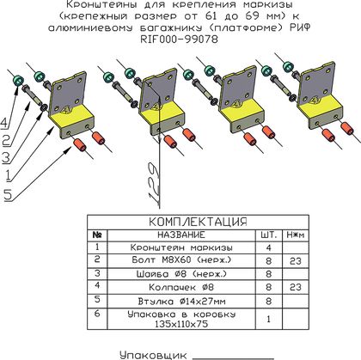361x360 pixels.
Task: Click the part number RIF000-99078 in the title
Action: click(179, 40)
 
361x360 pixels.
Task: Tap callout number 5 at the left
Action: click(8, 195)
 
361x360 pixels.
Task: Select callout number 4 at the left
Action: click(4, 123)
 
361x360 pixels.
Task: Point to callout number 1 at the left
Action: click(9, 175)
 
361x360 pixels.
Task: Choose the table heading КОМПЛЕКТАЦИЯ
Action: click(198, 222)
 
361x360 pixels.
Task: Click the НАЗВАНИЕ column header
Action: click(181, 235)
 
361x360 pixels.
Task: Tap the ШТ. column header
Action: click(269, 235)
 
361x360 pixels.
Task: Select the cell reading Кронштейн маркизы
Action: click(181, 247)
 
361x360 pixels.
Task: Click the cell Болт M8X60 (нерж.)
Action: click(181, 260)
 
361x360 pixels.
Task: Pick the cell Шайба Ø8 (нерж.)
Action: click(181, 274)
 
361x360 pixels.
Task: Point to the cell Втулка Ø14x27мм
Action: click(181, 302)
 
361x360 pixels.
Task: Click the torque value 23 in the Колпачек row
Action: click(296, 287)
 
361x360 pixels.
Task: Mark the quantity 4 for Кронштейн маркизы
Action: click(268, 247)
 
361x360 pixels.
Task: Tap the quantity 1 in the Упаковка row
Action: click(268, 319)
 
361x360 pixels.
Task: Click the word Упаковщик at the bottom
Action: click(153, 355)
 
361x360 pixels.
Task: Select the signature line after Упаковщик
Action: click(234, 358)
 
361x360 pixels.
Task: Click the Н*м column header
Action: click(296, 235)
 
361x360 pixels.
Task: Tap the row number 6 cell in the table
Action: click(97, 314)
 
